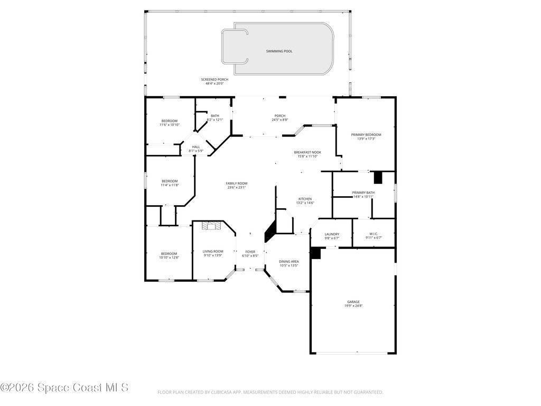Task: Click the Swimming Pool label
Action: [279, 51]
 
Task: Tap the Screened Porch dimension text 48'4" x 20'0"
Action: [214, 83]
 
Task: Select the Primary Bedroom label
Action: [366, 135]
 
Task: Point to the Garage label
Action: [353, 302]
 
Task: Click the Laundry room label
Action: [332, 234]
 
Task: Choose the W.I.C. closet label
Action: [373, 234]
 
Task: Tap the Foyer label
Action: [250, 252]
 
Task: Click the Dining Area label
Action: [288, 262]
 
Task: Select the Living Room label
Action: [213, 252]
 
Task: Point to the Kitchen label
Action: [305, 199]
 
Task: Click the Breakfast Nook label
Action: [307, 152]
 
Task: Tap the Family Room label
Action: [237, 183]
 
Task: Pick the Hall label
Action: [196, 147]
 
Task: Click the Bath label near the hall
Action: [214, 116]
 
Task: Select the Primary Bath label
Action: [363, 192]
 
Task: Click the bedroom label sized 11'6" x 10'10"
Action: [170, 121]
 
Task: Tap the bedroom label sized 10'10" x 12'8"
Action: [169, 254]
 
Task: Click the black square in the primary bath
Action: [378, 177]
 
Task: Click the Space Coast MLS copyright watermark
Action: [64, 387]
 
